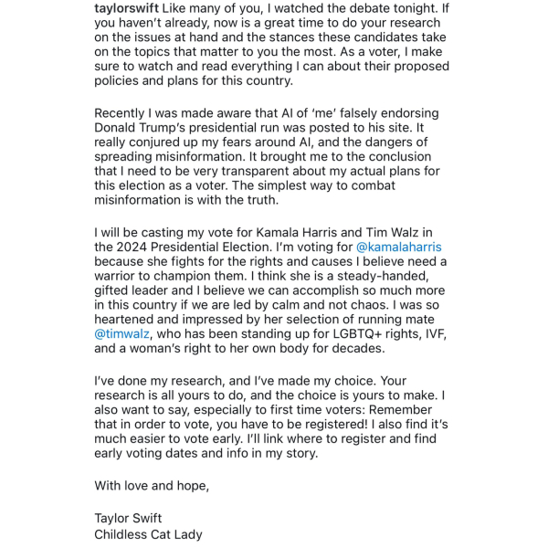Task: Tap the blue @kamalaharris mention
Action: point(398,247)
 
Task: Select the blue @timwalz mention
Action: point(122,333)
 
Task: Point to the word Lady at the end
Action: point(187,534)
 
